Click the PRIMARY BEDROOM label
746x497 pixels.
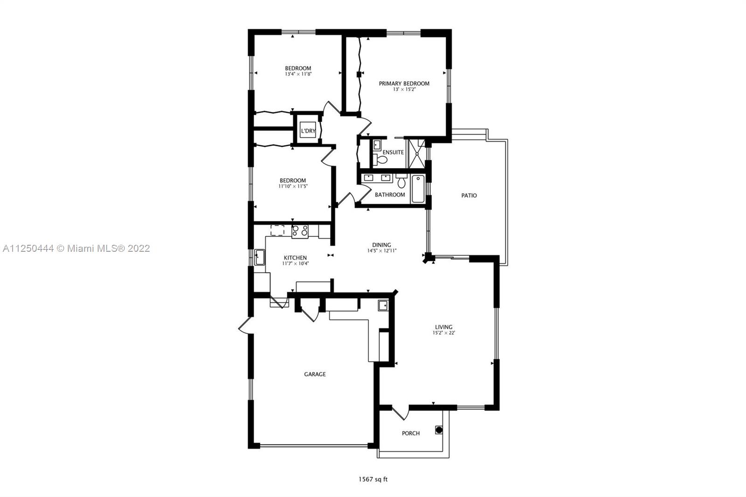404,83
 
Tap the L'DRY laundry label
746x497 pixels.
308,131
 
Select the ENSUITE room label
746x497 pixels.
393,152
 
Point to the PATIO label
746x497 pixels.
469,195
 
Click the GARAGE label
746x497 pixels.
315,374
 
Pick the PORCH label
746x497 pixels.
411,433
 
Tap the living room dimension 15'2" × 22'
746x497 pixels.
443,333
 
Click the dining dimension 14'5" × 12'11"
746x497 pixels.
382,250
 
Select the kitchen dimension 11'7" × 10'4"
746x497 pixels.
296,263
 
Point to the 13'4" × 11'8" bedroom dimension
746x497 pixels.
298,74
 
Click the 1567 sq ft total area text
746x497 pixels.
373,479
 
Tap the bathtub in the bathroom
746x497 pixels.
418,189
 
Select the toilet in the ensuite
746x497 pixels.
380,159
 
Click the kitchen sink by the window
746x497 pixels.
259,257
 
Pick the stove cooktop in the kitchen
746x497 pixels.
300,231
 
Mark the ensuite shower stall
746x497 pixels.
417,154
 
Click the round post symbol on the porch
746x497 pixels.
439,430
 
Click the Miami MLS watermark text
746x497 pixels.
76,248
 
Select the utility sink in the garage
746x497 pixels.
383,305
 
